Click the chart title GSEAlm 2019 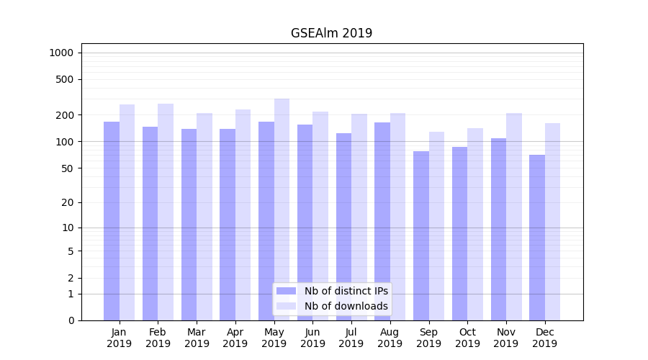pyautogui.click(x=331, y=33)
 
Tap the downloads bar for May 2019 pyautogui.click(x=282, y=210)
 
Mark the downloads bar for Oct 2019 pyautogui.click(x=475, y=224)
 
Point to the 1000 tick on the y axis pyautogui.click(x=61, y=53)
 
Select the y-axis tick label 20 pyautogui.click(x=68, y=202)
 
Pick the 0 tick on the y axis pyautogui.click(x=71, y=320)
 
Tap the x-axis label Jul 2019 pyautogui.click(x=351, y=338)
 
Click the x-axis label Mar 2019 pyautogui.click(x=197, y=338)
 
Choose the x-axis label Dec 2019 pyautogui.click(x=544, y=338)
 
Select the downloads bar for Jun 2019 pyautogui.click(x=320, y=216)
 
